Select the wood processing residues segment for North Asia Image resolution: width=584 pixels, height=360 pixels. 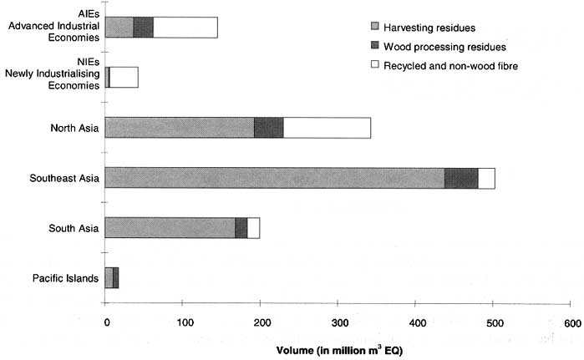point(268,128)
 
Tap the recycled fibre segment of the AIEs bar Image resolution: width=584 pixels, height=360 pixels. point(185,28)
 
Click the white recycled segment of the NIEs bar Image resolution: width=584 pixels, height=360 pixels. point(124,78)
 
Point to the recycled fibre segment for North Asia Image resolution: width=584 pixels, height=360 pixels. point(327,128)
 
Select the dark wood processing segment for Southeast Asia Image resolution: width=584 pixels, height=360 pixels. point(460,178)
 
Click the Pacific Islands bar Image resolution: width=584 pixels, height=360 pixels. point(112,277)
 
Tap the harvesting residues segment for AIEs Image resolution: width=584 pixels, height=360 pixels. point(119,28)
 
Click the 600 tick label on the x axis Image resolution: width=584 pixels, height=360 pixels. point(571,322)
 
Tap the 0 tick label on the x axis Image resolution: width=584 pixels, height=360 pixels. point(106,322)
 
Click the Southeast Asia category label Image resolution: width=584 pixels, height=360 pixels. point(64,178)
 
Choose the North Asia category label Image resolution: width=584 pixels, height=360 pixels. point(74,128)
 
